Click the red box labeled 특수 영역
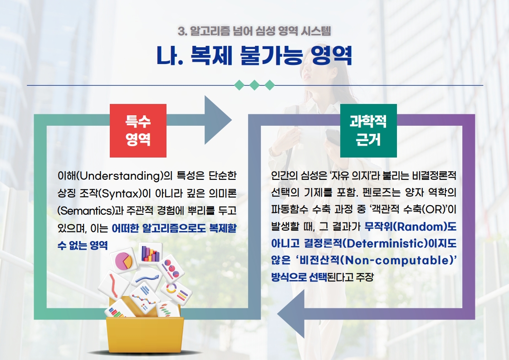click(138, 131)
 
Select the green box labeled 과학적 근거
click(368, 131)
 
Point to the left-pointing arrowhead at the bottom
click(291, 314)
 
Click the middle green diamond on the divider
click(254, 85)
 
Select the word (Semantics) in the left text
click(86, 211)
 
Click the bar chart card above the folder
click(150, 253)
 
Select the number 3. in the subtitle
click(182, 31)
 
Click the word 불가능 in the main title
click(271, 55)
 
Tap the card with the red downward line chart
click(114, 285)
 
